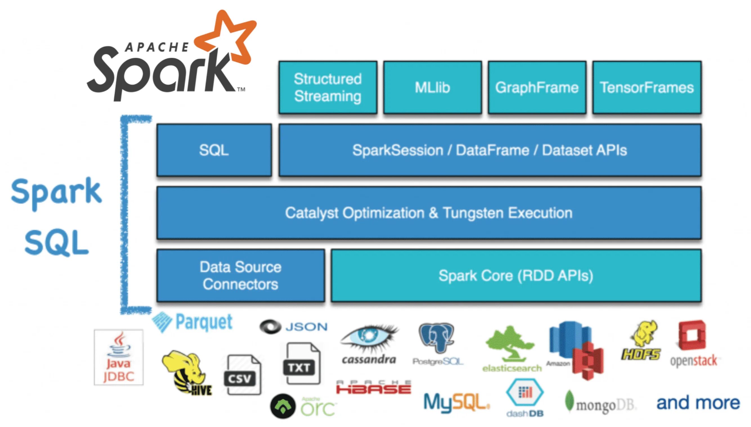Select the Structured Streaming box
pyautogui.click(x=328, y=87)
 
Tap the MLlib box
pyautogui.click(x=432, y=87)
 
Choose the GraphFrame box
pyautogui.click(x=537, y=87)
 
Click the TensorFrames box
pyautogui.click(x=647, y=87)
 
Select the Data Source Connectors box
pyautogui.click(x=240, y=275)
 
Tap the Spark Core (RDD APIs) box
pyautogui.click(x=516, y=275)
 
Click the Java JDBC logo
pyautogui.click(x=119, y=357)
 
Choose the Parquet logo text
pyautogui.click(x=204, y=322)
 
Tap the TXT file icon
pyautogui.click(x=301, y=364)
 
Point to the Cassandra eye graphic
pyautogui.click(x=368, y=337)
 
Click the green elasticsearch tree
pyautogui.click(x=510, y=345)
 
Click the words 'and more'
pyautogui.click(x=698, y=403)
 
